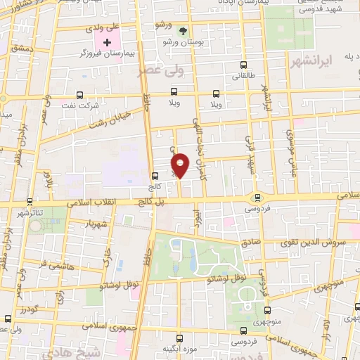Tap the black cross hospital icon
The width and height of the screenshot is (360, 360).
click(x=106, y=42)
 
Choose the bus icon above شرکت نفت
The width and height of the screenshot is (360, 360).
click(x=79, y=94)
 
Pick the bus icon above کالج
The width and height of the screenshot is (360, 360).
click(x=155, y=176)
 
